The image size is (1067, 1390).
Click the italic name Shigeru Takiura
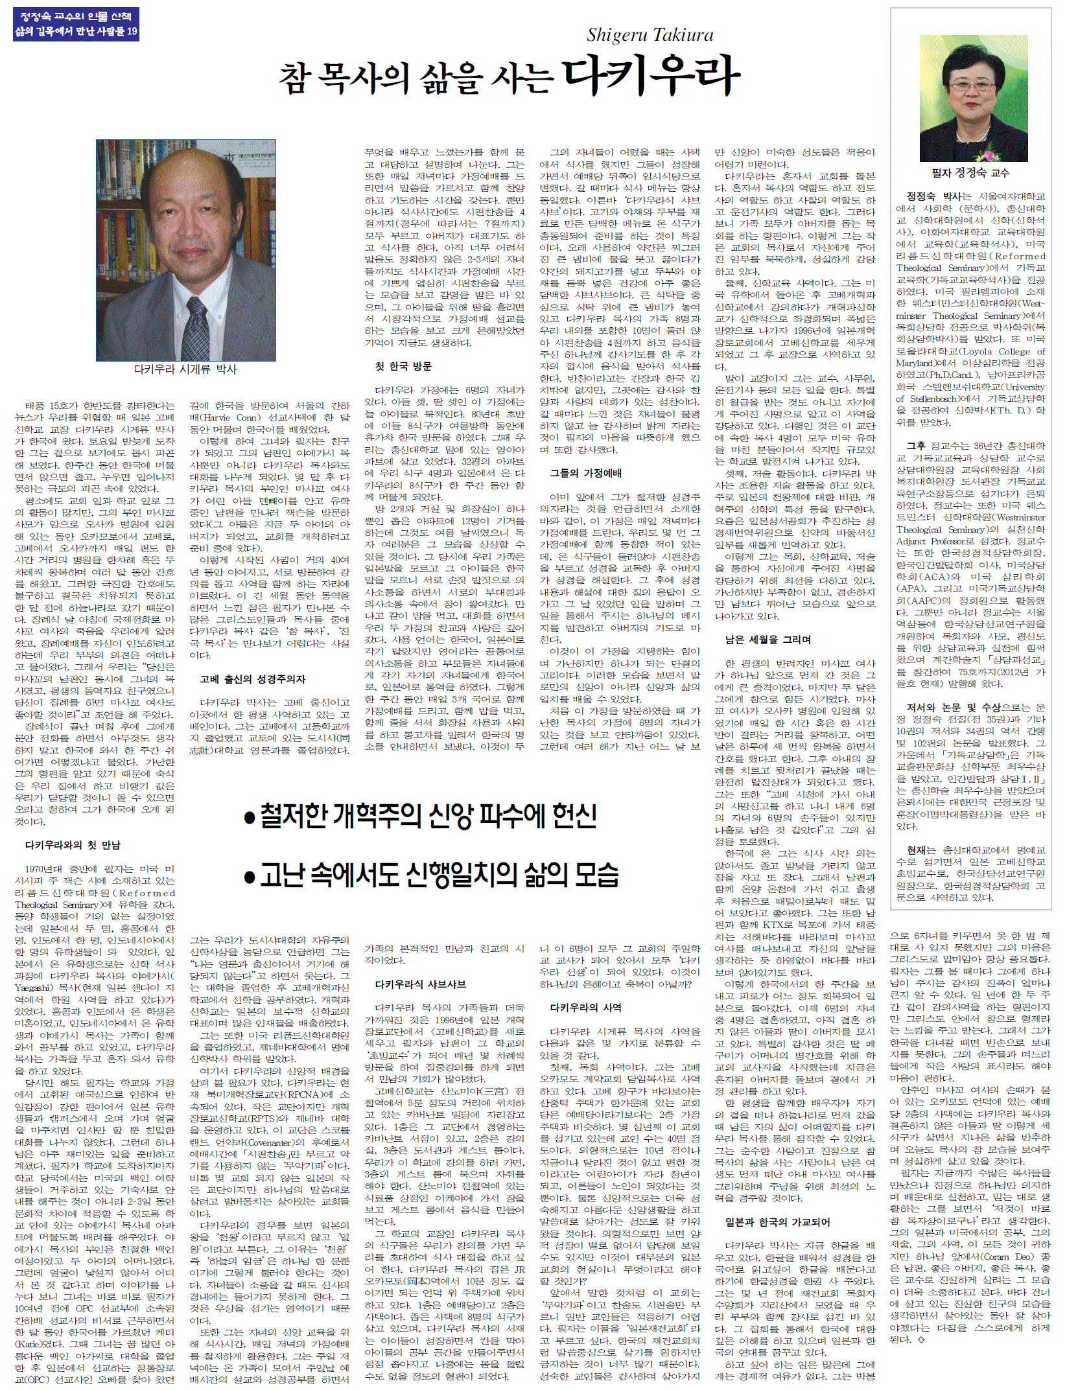click(x=650, y=35)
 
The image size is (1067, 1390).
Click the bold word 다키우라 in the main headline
click(x=651, y=76)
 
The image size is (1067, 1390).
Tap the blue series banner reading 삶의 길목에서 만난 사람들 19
click(x=76, y=31)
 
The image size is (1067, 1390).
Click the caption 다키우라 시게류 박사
click(x=185, y=369)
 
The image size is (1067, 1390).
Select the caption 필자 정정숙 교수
click(x=970, y=173)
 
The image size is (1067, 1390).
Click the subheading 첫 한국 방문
click(x=403, y=366)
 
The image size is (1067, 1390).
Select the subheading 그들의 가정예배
click(x=586, y=473)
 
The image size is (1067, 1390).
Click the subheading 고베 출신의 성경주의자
click(x=252, y=679)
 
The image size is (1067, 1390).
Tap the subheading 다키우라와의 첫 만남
click(x=73, y=845)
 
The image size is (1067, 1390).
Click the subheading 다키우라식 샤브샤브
click(x=421, y=984)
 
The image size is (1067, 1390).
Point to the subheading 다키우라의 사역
click(x=586, y=1008)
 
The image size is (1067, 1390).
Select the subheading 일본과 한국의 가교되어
click(x=777, y=1222)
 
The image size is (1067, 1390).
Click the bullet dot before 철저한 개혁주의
click(x=249, y=818)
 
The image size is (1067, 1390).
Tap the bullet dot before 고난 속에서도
click(x=249, y=877)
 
